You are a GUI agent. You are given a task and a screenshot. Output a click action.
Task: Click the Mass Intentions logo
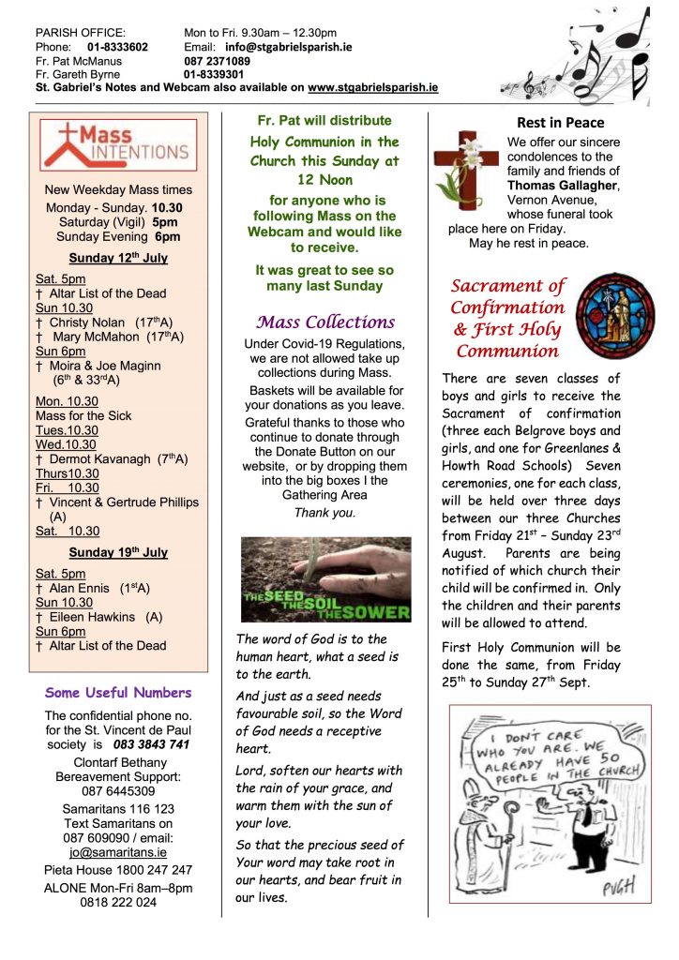(x=118, y=144)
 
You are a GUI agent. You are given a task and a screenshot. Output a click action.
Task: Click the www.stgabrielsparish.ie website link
(x=372, y=87)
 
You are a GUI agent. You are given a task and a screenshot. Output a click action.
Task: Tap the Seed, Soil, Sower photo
(x=325, y=578)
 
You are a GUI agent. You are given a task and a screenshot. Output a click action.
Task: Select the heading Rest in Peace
(x=561, y=123)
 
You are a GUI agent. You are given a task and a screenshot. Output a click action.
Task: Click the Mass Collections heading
(x=325, y=322)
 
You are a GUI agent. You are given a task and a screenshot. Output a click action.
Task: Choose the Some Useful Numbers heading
(x=118, y=693)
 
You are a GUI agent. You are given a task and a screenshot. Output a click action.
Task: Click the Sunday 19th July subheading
(x=118, y=552)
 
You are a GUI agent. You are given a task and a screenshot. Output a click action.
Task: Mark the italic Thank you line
(x=325, y=513)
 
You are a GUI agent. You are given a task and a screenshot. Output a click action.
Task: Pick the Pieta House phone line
(x=118, y=869)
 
